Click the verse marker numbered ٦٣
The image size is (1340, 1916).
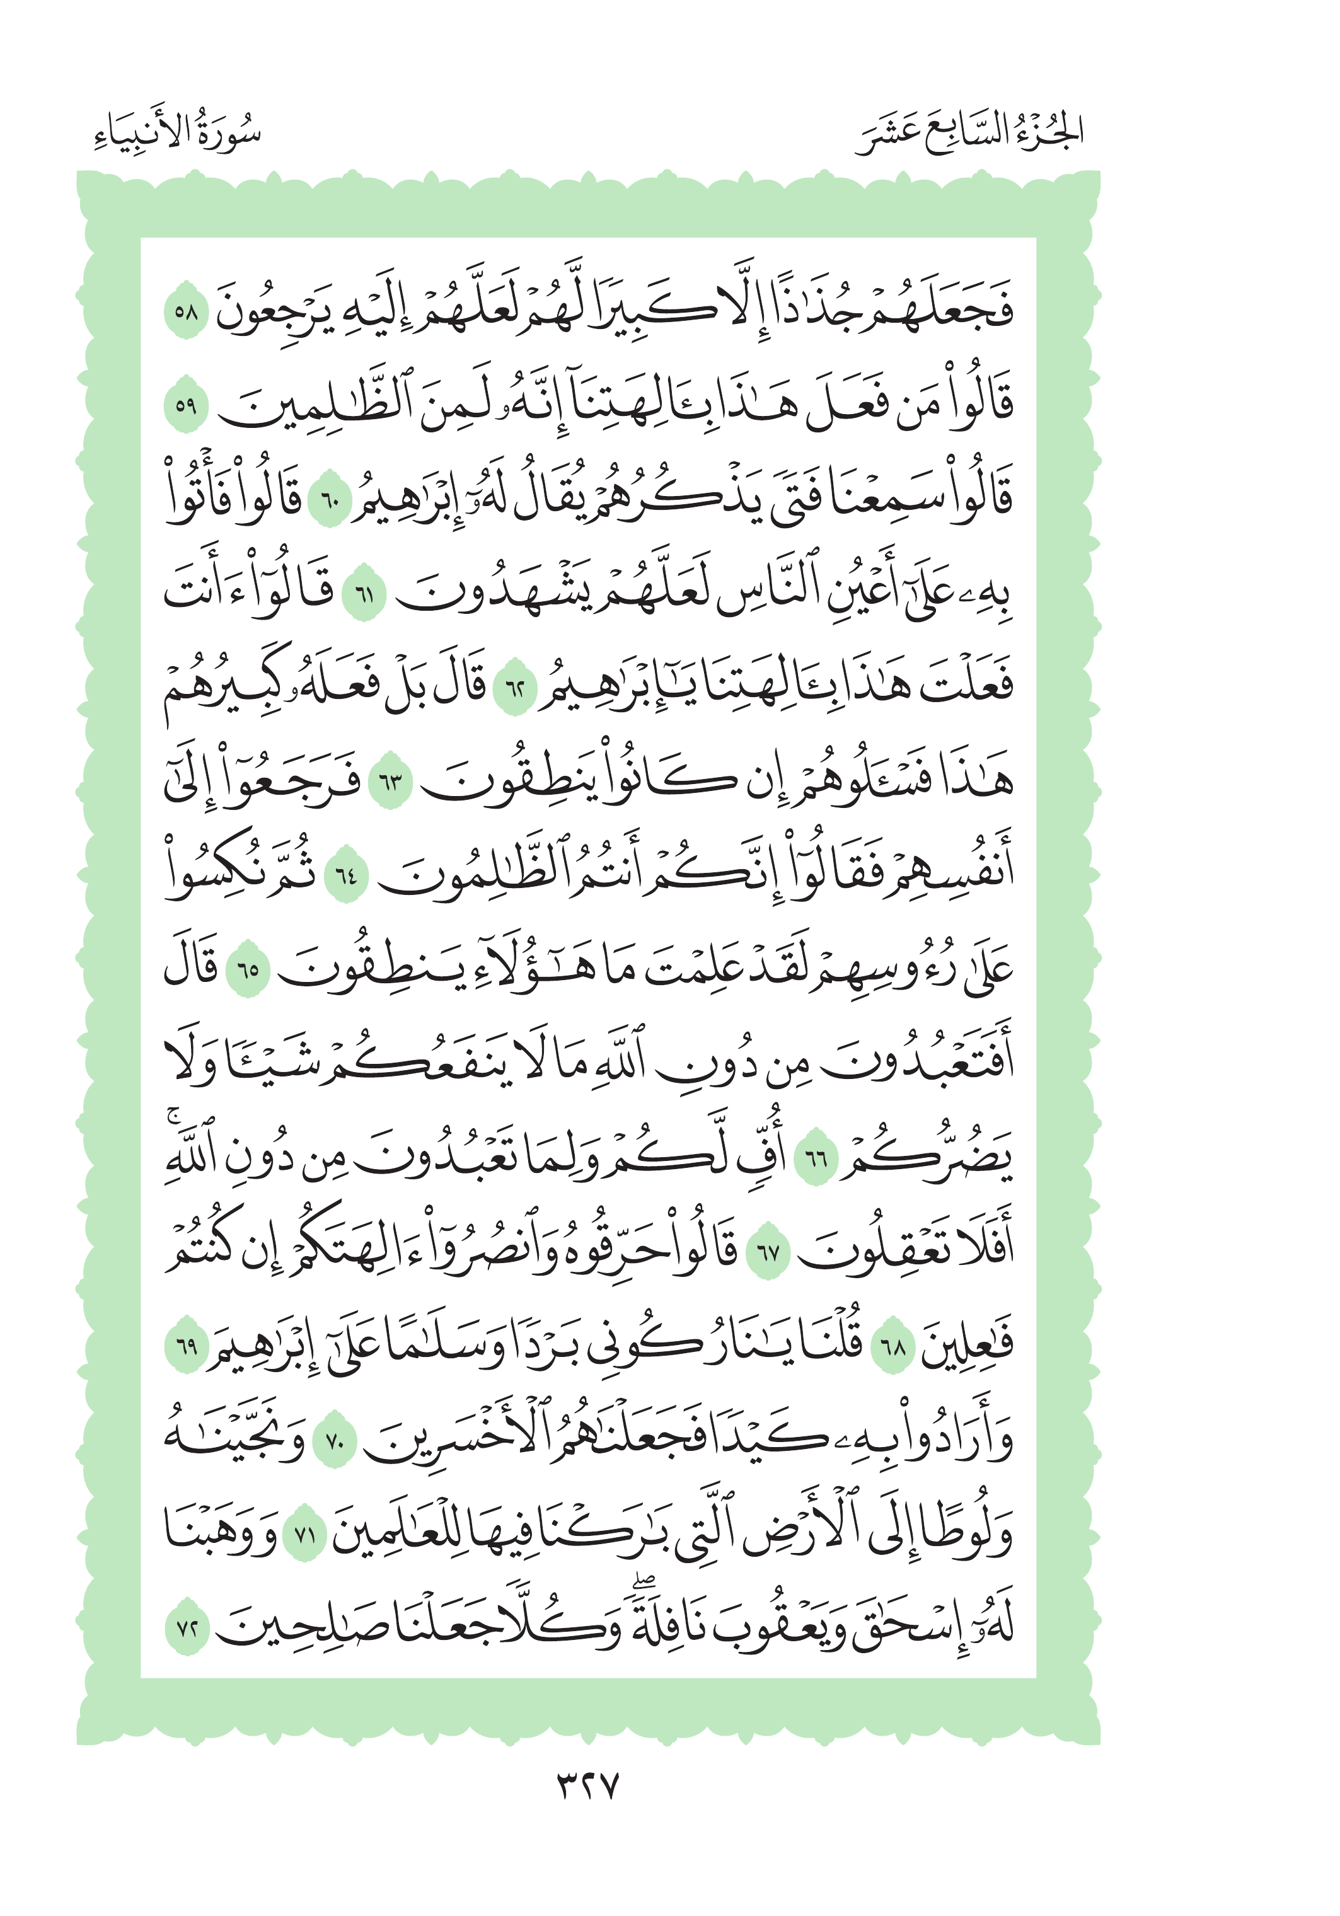click(391, 783)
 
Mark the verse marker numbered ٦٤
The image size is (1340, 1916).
click(345, 875)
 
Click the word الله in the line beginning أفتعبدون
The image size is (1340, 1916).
click(611, 1061)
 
